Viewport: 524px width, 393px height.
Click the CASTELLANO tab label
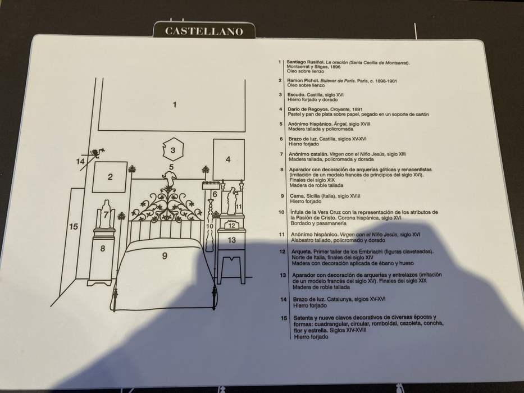(x=204, y=31)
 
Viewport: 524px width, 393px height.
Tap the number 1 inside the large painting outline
(x=175, y=105)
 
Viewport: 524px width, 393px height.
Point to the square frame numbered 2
(x=110, y=177)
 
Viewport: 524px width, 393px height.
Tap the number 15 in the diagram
(x=74, y=227)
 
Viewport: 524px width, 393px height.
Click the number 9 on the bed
(x=165, y=255)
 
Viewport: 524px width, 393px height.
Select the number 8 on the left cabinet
(x=103, y=248)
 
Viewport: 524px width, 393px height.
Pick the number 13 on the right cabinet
(x=231, y=240)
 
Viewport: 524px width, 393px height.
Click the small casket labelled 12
(x=231, y=225)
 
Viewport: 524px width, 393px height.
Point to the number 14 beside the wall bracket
(x=80, y=162)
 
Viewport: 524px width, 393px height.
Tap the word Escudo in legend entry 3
(x=296, y=94)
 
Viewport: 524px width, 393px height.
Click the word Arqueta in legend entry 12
(x=302, y=252)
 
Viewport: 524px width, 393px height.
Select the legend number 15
(x=284, y=318)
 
